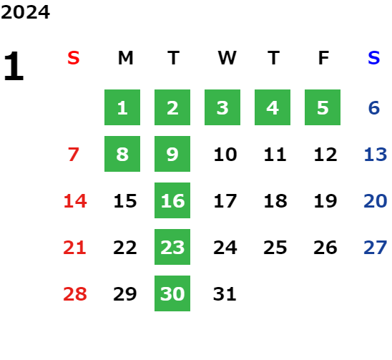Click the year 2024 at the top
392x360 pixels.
click(x=25, y=12)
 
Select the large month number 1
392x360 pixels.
click(x=14, y=66)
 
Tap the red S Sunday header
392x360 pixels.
click(x=74, y=58)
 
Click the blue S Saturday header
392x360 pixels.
click(x=373, y=58)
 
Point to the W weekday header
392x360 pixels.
click(x=227, y=58)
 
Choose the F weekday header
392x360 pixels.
click(x=323, y=58)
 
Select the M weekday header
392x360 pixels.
click(x=125, y=58)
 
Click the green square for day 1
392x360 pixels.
click(x=122, y=107)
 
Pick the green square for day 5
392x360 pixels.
click(x=323, y=107)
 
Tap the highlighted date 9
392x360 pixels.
click(x=172, y=154)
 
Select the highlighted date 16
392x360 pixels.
click(x=172, y=200)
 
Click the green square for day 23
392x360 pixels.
click(x=172, y=247)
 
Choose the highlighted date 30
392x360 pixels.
click(x=172, y=293)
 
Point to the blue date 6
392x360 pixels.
click(x=374, y=108)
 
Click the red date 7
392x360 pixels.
click(x=74, y=155)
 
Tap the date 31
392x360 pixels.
click(x=225, y=294)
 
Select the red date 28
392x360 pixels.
click(x=75, y=294)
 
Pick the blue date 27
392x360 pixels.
click(x=376, y=248)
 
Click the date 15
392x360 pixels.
click(x=125, y=201)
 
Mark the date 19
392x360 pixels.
click(x=325, y=201)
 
